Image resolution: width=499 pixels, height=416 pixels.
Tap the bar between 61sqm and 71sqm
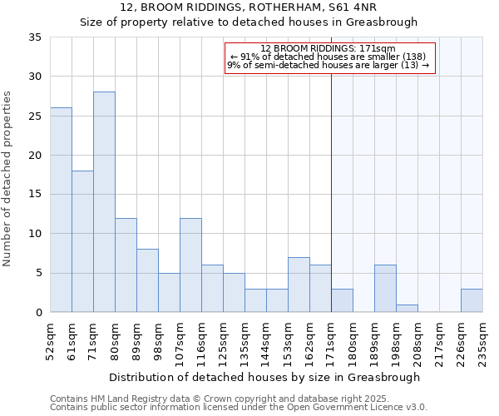(82, 241)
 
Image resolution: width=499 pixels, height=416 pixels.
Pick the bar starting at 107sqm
(190, 265)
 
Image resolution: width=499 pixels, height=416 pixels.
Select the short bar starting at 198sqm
(407, 308)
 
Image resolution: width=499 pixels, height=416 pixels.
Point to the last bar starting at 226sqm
(472, 300)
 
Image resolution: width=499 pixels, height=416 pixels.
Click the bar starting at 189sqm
(385, 288)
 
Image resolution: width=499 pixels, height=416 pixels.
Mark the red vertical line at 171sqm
(331, 191)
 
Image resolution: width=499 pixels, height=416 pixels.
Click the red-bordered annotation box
(329, 58)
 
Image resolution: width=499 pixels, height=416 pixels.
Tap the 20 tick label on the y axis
(35, 156)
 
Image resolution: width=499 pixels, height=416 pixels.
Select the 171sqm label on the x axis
(331, 341)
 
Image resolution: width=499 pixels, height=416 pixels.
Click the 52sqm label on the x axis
(50, 341)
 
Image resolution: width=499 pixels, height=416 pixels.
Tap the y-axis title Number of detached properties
(9, 180)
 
